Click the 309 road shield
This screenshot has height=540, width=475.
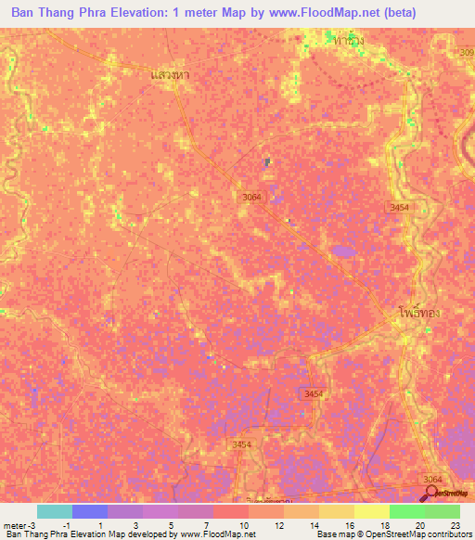point(466,53)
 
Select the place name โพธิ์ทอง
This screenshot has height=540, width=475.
point(418,313)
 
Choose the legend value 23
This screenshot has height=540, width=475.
point(455,525)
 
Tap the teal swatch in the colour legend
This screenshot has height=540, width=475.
point(55,511)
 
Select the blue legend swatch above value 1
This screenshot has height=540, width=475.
point(90,511)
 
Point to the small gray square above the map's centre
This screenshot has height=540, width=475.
point(267,161)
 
